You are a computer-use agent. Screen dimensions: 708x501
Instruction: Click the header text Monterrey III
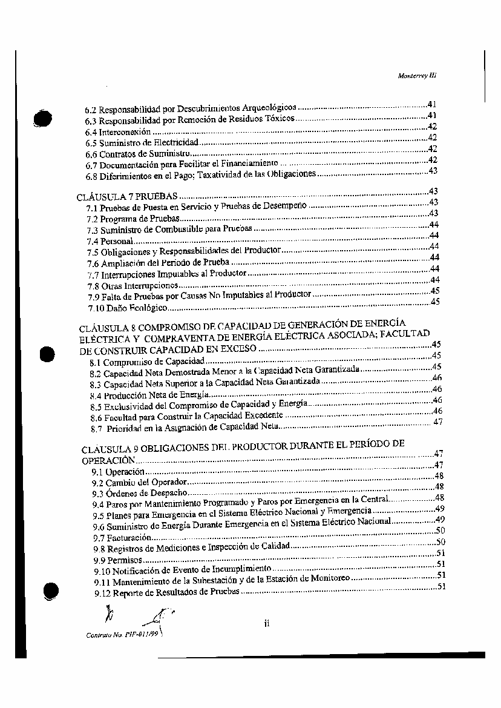pos(417,76)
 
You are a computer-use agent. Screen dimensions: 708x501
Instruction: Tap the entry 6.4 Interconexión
pos(118,132)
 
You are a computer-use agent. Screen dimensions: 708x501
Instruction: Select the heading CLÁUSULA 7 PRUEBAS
pos(128,197)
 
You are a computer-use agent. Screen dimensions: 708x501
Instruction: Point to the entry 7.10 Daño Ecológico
pos(127,308)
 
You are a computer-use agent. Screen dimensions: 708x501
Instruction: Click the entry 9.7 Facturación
pos(120,538)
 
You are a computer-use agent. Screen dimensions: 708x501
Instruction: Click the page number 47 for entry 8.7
pos(438,422)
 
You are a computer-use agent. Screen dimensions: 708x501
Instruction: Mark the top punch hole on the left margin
pos(43,118)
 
